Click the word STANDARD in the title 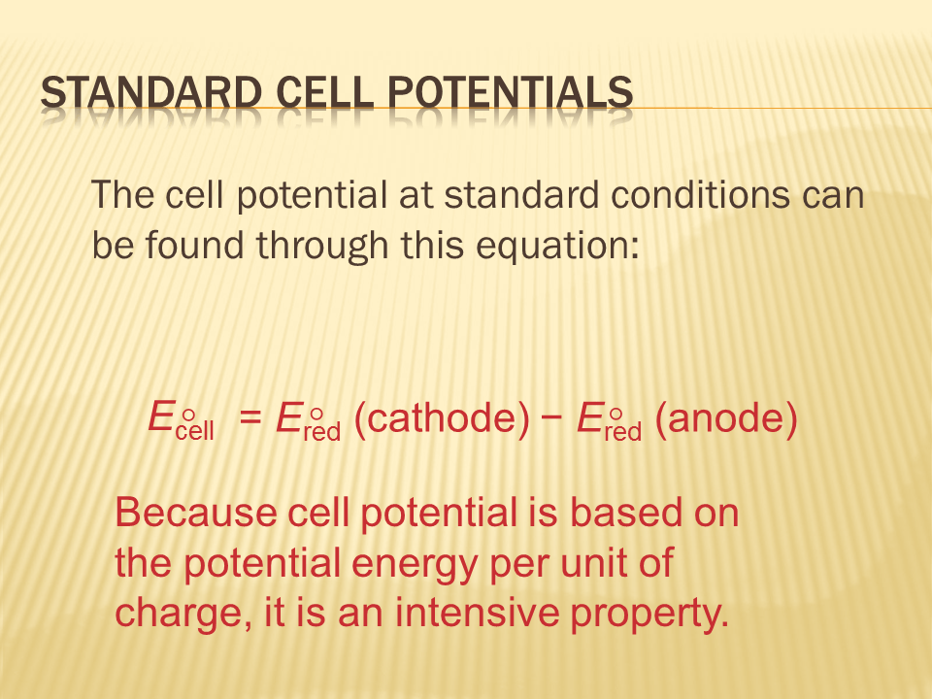click(x=151, y=93)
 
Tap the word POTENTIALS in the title click(x=511, y=93)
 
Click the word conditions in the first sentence click(x=700, y=195)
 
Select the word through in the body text click(x=322, y=246)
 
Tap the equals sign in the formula click(x=250, y=417)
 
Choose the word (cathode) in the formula click(x=441, y=417)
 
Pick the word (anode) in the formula click(x=726, y=417)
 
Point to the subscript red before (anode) click(x=623, y=431)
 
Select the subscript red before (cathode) click(x=321, y=431)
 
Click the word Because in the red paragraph click(x=196, y=513)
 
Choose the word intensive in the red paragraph click(x=477, y=613)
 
